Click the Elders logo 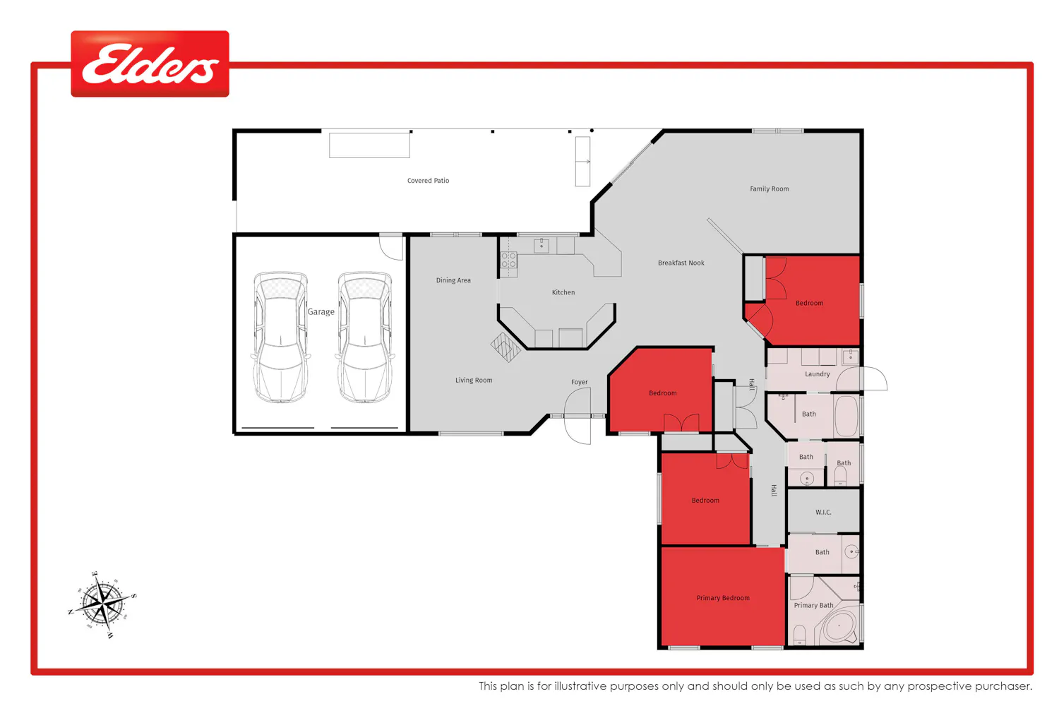coord(150,64)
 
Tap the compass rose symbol coord(102,604)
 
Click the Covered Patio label coord(429,181)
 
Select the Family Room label coord(770,189)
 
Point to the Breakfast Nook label coord(681,263)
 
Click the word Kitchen coord(563,292)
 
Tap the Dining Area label coord(453,280)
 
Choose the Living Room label coord(474,381)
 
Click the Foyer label coord(579,382)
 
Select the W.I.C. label coord(823,512)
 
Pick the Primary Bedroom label coord(723,598)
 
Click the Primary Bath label coord(813,605)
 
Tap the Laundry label coord(818,374)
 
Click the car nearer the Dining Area coord(364,337)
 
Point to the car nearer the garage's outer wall coord(281,337)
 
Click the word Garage coord(321,312)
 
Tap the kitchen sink coord(542,246)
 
